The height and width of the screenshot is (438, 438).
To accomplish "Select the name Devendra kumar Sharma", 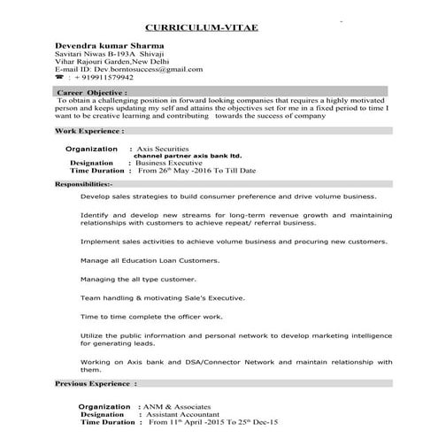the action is [x=109, y=43].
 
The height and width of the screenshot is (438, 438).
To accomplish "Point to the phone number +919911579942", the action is [x=99, y=77].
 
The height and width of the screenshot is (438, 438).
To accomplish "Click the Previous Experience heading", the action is [x=96, y=384].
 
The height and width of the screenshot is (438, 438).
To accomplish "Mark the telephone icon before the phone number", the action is [x=58, y=77].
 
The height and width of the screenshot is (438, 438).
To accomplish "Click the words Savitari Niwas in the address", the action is [x=81, y=52].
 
